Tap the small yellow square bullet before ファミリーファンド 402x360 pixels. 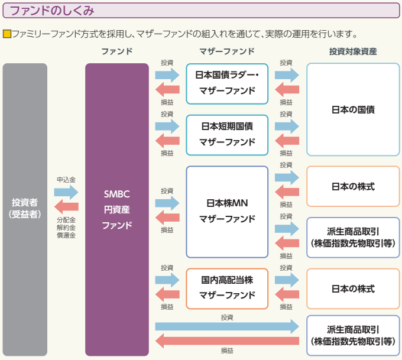7,34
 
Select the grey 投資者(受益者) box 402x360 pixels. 25,209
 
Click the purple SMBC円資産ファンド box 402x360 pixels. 117,209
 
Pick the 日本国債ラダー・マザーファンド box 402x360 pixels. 227,83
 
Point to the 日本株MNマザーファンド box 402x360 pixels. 227,211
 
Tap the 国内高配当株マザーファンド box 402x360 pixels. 227,288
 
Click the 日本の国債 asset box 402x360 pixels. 353,109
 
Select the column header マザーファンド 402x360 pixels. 227,51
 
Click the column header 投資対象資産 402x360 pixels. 353,51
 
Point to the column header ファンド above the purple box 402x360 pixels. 117,51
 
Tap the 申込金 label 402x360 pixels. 66,179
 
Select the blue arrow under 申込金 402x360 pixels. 66,192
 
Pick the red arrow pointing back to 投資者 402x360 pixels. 66,207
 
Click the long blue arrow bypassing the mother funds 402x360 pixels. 227,326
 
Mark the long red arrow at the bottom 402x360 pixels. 227,341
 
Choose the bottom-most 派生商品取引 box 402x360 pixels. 353,335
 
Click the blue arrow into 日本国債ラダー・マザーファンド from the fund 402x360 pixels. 167,74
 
